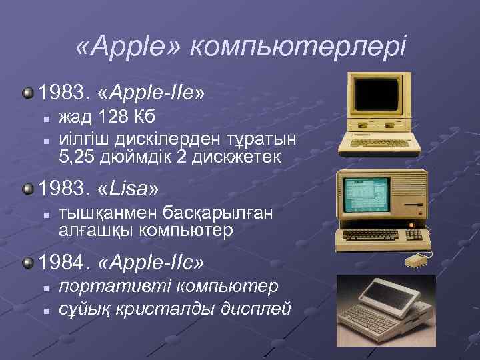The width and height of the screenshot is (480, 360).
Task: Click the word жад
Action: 74,118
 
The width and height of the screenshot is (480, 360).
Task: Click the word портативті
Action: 113,287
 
